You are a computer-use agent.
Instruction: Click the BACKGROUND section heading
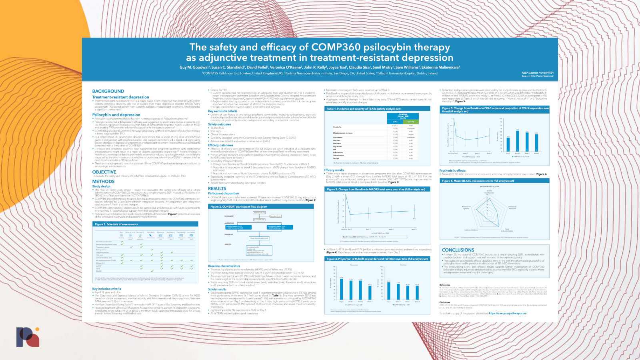(x=108, y=91)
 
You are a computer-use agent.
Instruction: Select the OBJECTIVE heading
(x=104, y=172)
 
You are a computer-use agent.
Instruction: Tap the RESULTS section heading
(x=217, y=188)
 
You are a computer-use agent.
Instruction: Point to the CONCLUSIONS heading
(x=458, y=250)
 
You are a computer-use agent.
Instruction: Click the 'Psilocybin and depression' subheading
(x=116, y=115)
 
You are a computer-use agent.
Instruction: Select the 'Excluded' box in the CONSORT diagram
(x=275, y=216)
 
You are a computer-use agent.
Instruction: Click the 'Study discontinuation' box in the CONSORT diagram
(x=259, y=238)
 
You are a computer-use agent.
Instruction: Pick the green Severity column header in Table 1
(x=411, y=122)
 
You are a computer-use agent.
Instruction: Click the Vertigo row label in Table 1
(x=336, y=158)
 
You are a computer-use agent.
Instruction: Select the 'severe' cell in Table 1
(x=411, y=134)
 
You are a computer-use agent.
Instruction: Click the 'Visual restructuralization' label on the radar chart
(x=507, y=230)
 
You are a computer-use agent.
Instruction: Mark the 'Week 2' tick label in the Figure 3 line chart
(x=391, y=230)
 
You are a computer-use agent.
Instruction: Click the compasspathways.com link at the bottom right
(x=508, y=313)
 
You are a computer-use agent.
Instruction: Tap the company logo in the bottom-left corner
(x=28, y=337)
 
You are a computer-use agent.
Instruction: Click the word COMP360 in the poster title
(x=336, y=47)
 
